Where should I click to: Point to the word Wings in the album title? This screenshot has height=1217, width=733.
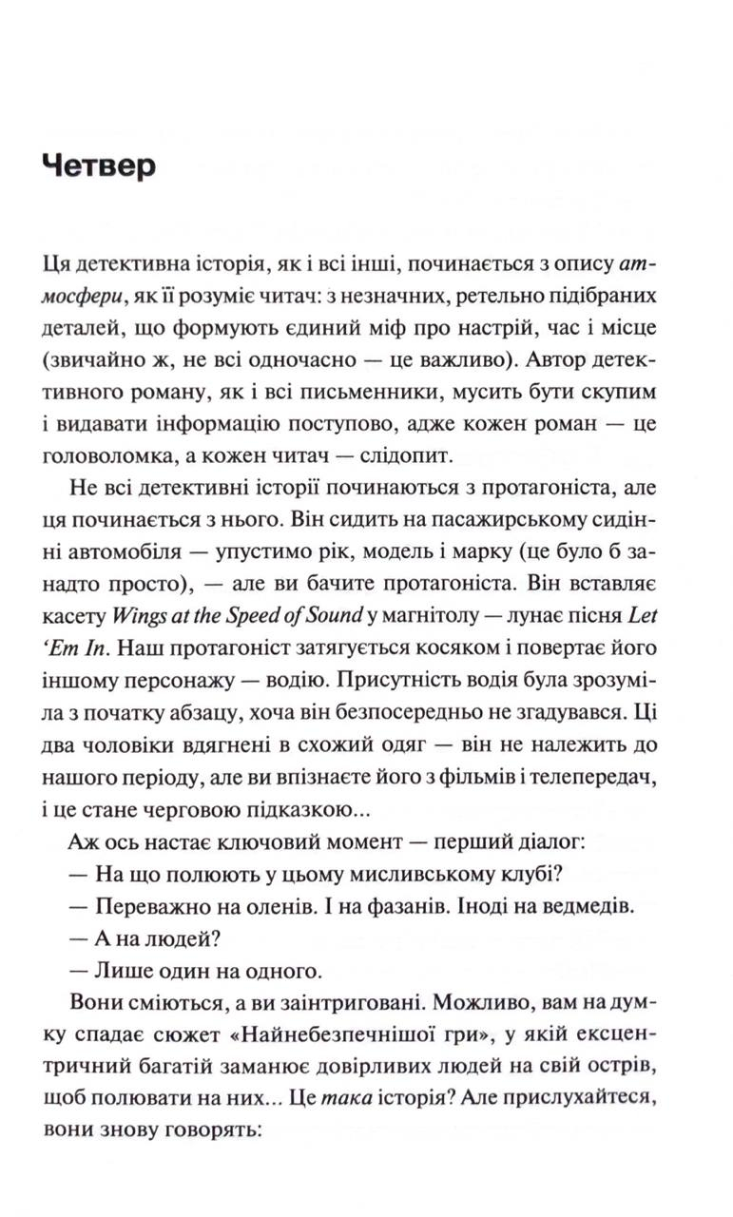[x=139, y=616]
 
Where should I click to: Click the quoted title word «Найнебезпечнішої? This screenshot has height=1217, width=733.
[x=328, y=1035]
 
